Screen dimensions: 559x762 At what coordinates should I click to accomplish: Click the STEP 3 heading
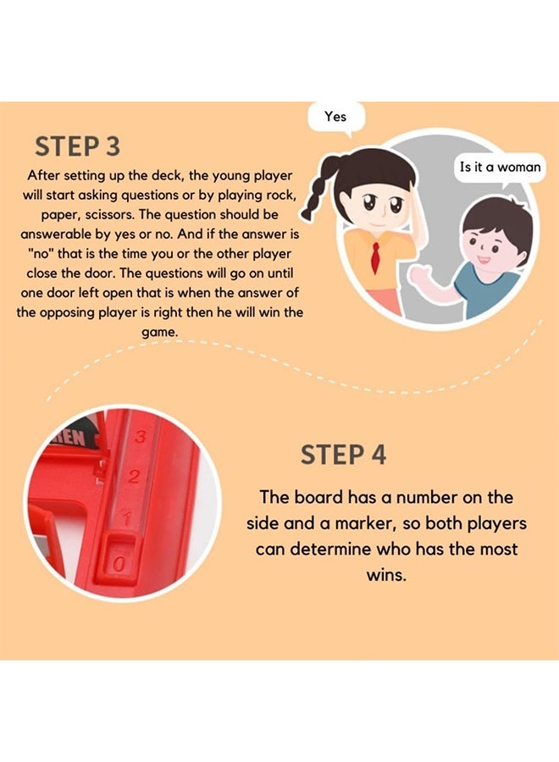click(77, 146)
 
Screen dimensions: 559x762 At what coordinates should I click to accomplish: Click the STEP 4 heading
click(343, 455)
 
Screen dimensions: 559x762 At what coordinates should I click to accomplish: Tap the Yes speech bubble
click(336, 118)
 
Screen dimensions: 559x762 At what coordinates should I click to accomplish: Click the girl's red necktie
click(375, 257)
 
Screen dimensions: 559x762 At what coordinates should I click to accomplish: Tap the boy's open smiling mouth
click(483, 259)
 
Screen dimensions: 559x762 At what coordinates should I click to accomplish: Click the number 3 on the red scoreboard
click(141, 436)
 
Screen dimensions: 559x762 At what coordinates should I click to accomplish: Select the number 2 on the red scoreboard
click(134, 477)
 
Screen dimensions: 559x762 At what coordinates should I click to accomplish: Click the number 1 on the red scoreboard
click(127, 518)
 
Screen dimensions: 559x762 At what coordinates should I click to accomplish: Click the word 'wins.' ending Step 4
click(386, 575)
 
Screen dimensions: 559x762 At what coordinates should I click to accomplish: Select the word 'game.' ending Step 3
click(160, 333)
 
